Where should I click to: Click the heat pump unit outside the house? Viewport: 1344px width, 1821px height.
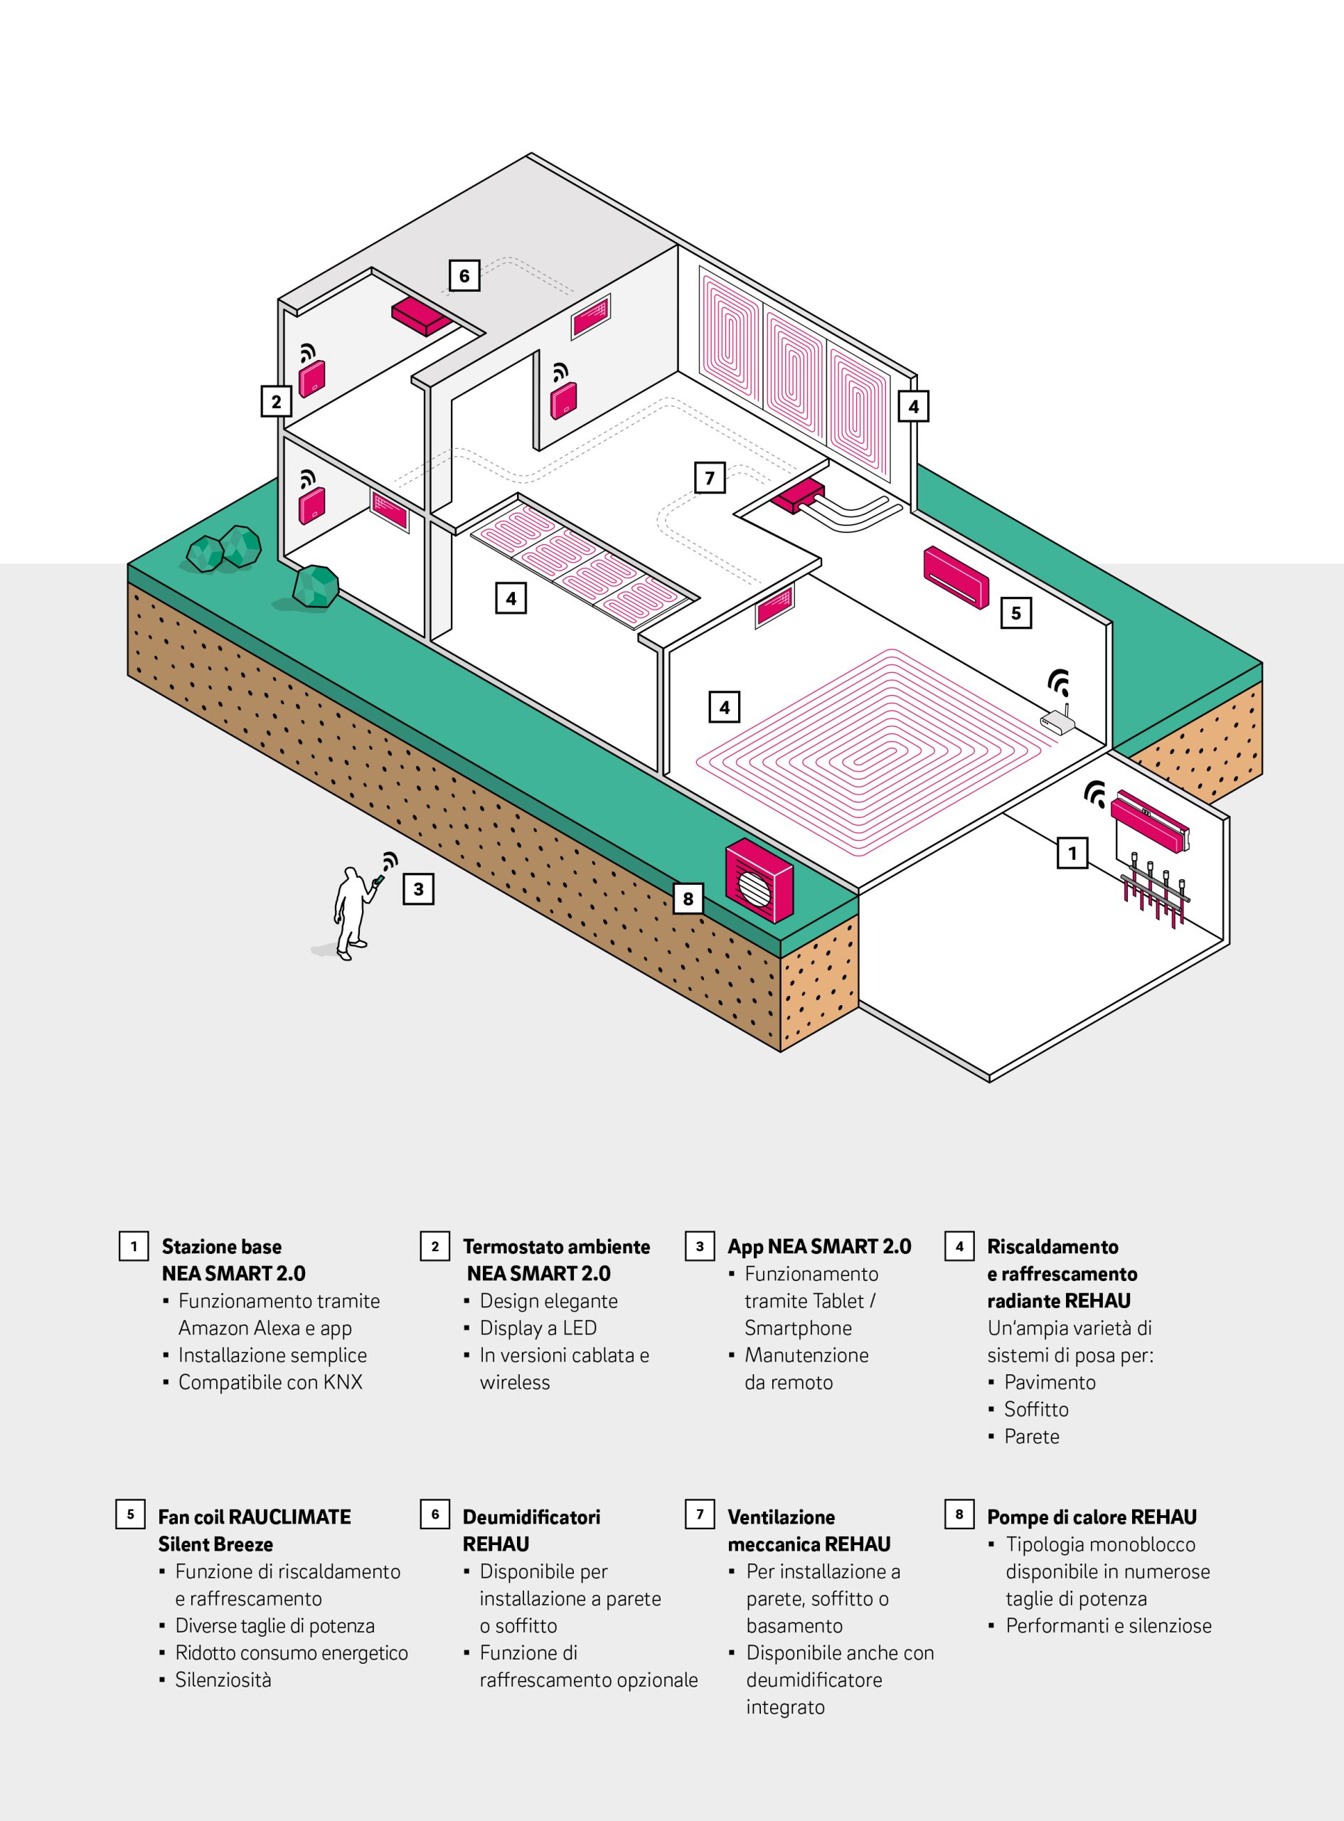(758, 881)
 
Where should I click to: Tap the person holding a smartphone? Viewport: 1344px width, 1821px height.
(351, 912)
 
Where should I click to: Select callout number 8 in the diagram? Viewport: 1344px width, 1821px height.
(688, 898)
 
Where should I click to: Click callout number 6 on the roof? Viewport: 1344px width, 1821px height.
(464, 275)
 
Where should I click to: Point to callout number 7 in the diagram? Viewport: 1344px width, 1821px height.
(710, 477)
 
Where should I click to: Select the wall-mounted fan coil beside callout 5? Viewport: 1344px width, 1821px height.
(956, 576)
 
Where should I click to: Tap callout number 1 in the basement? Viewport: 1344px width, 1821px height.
(1072, 853)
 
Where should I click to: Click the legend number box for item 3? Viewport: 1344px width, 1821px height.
(700, 1246)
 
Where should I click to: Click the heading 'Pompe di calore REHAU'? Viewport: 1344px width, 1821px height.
(1091, 1517)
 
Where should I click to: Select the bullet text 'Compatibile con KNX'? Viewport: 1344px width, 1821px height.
(270, 1381)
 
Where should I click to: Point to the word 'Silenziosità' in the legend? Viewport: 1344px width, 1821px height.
(223, 1679)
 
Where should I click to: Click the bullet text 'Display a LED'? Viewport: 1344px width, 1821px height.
(538, 1328)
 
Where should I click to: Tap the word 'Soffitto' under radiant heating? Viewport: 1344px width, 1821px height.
(1035, 1409)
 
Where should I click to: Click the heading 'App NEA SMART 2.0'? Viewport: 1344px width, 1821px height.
(818, 1246)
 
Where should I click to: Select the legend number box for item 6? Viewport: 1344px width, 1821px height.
(434, 1514)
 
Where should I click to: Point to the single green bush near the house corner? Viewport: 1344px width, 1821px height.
(315, 587)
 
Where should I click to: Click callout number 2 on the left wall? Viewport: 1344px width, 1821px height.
(277, 401)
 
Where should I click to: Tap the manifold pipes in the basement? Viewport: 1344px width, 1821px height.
(1156, 894)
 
